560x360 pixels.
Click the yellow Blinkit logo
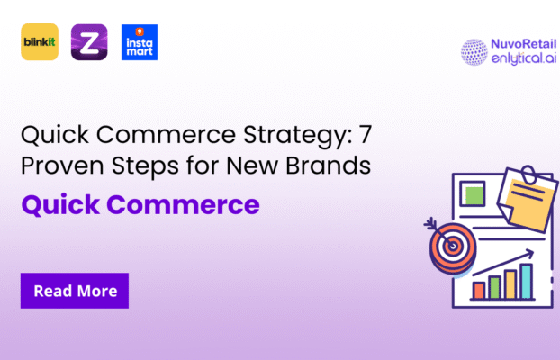tap(40, 41)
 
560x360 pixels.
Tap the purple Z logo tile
tap(89, 41)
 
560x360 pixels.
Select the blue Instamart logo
tap(140, 41)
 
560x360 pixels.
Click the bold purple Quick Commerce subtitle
tap(140, 204)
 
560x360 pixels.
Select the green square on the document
tap(473, 193)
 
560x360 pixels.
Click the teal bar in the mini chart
tap(527, 280)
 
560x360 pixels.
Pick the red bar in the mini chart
tap(479, 290)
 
